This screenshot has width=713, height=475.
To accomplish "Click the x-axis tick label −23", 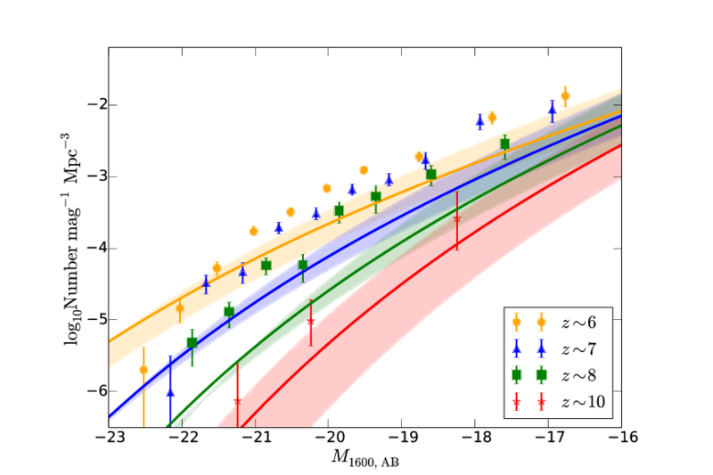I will (x=109, y=438).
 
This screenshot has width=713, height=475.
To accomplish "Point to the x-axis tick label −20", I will (x=328, y=438).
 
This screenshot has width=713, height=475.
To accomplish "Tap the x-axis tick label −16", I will (x=620, y=438).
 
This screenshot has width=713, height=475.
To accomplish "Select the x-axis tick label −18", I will (x=474, y=438).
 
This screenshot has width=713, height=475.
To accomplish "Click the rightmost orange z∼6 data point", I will (x=565, y=95).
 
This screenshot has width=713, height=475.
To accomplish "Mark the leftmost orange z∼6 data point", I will (x=143, y=369).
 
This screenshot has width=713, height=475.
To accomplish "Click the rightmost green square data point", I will (x=504, y=143).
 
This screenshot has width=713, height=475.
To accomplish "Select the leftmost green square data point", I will (x=192, y=343).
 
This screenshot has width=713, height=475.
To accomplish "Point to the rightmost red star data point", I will (x=457, y=218).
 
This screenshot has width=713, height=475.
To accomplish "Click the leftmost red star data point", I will (x=237, y=401).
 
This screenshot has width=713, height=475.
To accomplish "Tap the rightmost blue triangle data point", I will (x=553, y=111).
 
